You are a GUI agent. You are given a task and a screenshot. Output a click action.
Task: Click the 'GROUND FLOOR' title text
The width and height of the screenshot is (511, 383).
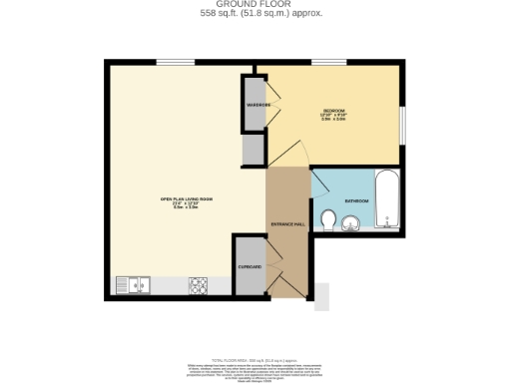(x=255, y=5)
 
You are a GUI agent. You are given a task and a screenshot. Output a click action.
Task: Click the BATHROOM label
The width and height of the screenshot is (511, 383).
(x=356, y=200)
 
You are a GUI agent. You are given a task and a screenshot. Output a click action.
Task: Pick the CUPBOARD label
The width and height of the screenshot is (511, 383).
(x=250, y=267)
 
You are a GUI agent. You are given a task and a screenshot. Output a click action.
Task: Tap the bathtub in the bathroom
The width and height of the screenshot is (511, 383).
(x=386, y=199)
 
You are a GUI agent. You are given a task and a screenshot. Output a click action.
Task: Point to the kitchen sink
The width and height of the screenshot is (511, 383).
(x=132, y=285)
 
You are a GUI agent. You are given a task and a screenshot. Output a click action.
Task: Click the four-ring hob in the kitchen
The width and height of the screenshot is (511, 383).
(x=198, y=285)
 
